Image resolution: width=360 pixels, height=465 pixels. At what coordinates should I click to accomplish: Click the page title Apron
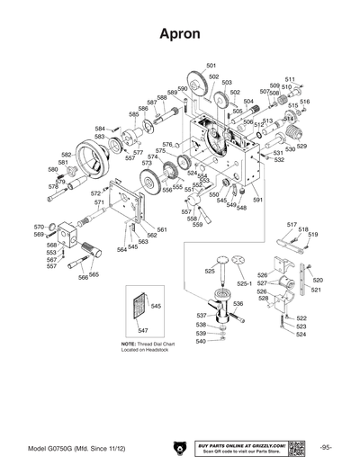coord(179,34)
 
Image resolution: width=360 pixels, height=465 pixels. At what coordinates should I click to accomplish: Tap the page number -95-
coord(325,447)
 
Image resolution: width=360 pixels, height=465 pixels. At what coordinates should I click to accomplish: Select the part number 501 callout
coord(211,66)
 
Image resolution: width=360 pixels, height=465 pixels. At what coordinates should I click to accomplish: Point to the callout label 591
coord(257,201)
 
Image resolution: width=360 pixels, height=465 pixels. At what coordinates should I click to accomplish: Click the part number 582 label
coord(67,155)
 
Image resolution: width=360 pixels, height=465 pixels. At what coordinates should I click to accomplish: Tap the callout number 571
coord(99,203)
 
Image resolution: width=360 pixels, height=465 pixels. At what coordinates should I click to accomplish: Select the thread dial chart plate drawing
coord(138,311)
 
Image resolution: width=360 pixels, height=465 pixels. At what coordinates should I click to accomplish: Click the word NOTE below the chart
coord(129,345)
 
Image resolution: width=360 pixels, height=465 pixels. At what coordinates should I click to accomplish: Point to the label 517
coord(292,223)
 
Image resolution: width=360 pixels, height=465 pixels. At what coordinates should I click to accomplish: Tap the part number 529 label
coord(301,147)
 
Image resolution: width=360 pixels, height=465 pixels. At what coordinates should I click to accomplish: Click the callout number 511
coord(291,80)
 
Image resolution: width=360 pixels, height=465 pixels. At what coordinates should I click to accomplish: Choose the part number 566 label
coord(83,278)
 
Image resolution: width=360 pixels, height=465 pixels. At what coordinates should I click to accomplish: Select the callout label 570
coord(39,227)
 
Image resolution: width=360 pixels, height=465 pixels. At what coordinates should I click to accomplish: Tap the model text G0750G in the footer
coord(69,447)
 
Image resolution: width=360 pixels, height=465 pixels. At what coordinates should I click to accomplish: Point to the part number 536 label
coord(238,305)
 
